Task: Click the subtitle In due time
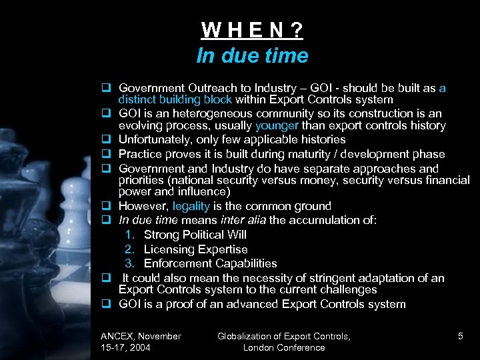pyautogui.click(x=253, y=55)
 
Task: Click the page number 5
pyautogui.click(x=461, y=336)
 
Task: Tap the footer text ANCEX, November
pyautogui.click(x=141, y=336)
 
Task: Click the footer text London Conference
pyautogui.click(x=284, y=347)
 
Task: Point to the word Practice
pyautogui.click(x=140, y=154)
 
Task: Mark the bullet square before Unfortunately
pyautogui.click(x=105, y=140)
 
